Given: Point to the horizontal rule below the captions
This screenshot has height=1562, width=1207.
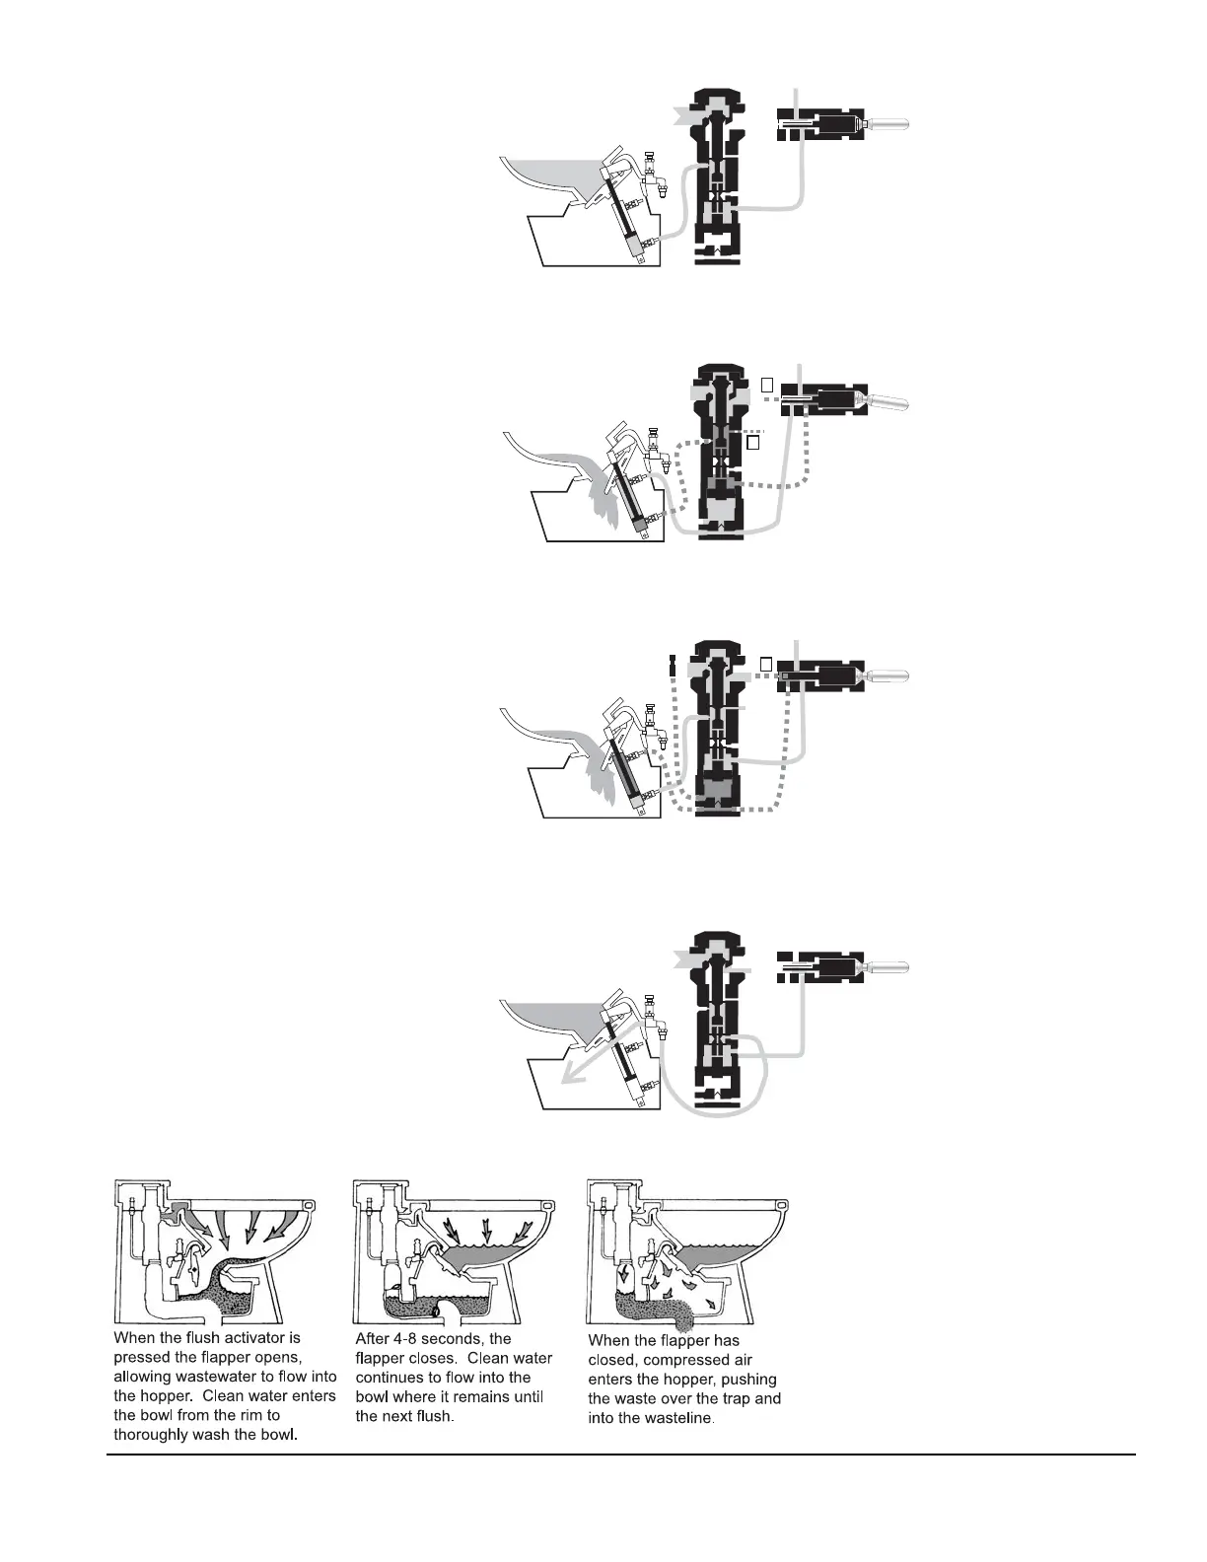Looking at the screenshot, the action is (621, 1454).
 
